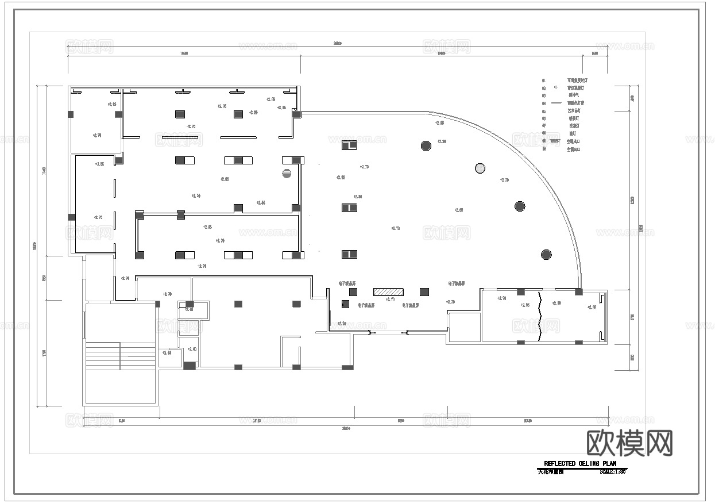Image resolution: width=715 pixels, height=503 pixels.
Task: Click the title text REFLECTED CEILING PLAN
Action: [x=579, y=464]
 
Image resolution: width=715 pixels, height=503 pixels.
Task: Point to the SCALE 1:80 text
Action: [x=612, y=472]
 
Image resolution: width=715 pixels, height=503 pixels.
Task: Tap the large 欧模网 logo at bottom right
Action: [x=629, y=443]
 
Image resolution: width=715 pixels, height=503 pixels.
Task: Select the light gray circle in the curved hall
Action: [x=480, y=168]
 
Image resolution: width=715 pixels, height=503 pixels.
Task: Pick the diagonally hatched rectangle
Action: [x=389, y=292]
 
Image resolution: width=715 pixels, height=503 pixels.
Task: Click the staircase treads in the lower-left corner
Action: [x=121, y=356]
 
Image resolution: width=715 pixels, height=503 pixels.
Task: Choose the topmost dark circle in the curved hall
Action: [x=426, y=145]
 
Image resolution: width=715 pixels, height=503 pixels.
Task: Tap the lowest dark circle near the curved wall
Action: [x=546, y=254]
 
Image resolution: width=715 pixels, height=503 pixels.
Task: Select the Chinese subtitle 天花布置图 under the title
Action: [x=551, y=472]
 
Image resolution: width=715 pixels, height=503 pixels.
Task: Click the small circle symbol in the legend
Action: [x=555, y=87]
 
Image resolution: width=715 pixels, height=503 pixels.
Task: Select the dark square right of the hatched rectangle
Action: [x=424, y=292]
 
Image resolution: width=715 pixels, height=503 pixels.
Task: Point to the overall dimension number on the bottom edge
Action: [x=346, y=428]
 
